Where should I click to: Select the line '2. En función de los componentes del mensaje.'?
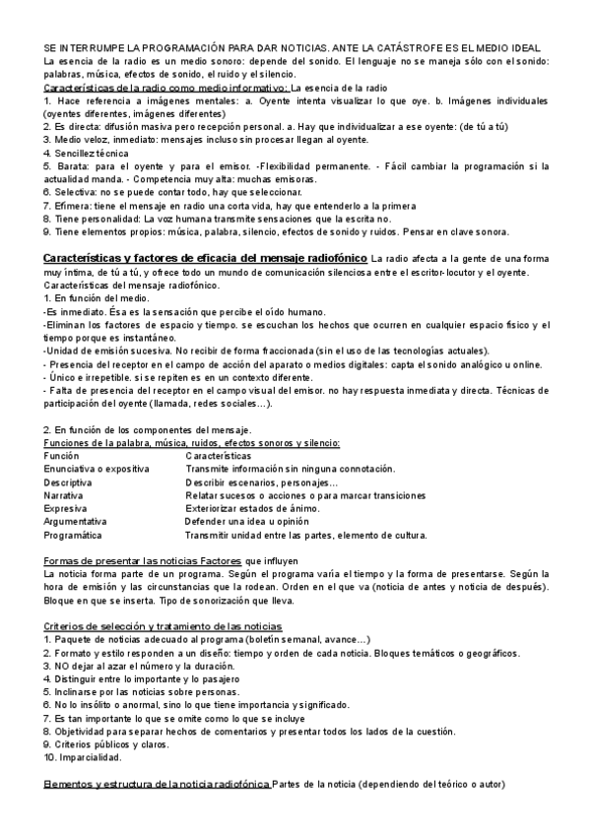click(x=148, y=430)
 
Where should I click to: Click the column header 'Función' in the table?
click(x=62, y=457)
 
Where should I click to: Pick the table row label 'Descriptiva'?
click(x=68, y=483)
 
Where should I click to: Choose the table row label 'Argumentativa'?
click(x=76, y=522)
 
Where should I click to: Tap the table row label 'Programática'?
click(x=73, y=536)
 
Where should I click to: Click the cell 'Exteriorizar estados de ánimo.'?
click(x=252, y=509)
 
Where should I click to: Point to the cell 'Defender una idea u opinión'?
click(x=247, y=522)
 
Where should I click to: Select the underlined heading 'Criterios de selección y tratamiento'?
click(x=164, y=626)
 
